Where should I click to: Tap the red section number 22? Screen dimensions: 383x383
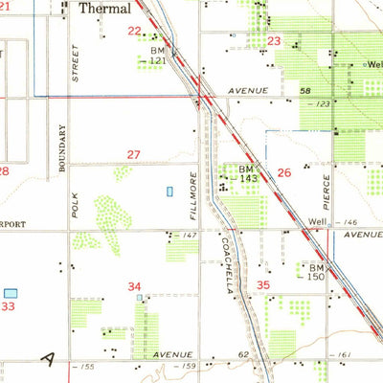point(134,31)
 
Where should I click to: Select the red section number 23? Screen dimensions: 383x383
point(275,41)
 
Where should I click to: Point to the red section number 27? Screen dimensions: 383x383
point(135,154)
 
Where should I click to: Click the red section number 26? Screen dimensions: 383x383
point(283,172)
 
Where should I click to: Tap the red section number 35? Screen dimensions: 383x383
point(263,284)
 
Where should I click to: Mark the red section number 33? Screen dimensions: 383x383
point(8,306)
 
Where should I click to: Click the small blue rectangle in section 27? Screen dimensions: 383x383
point(170,191)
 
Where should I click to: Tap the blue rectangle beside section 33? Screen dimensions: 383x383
point(11,293)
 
